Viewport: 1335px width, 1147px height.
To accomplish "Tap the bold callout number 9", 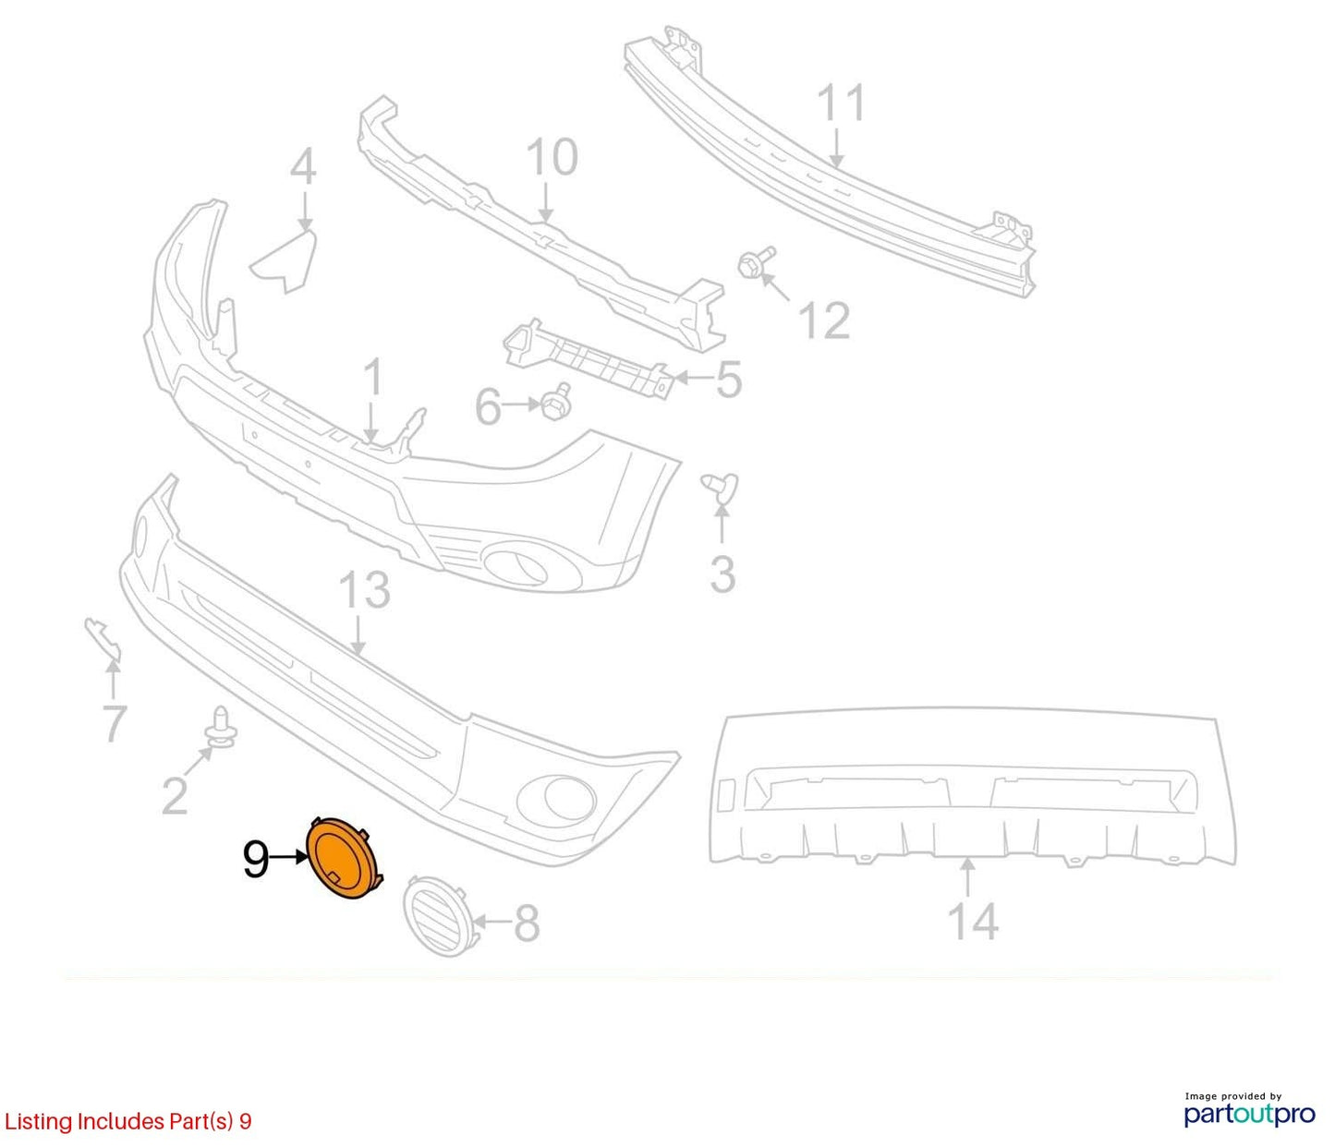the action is pos(256,859).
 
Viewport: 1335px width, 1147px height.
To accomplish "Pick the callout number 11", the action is pos(841,103).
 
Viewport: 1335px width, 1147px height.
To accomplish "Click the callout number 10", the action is pos(552,157).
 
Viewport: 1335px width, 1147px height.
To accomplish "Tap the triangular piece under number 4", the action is pos(285,260).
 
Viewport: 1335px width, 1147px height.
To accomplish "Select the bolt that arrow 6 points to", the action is pos(556,402).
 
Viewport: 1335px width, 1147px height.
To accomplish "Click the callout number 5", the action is pos(729,380).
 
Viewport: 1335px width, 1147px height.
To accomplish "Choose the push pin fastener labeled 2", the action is pos(221,728).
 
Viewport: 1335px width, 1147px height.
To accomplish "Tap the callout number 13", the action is pos(364,590).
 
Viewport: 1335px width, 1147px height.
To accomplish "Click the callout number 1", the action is pos(372,379).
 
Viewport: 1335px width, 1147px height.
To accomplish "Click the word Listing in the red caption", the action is pos(38,1122).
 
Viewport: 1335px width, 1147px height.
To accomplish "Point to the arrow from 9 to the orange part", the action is pos(288,858).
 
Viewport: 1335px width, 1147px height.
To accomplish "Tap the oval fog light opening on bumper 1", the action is pos(516,564).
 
